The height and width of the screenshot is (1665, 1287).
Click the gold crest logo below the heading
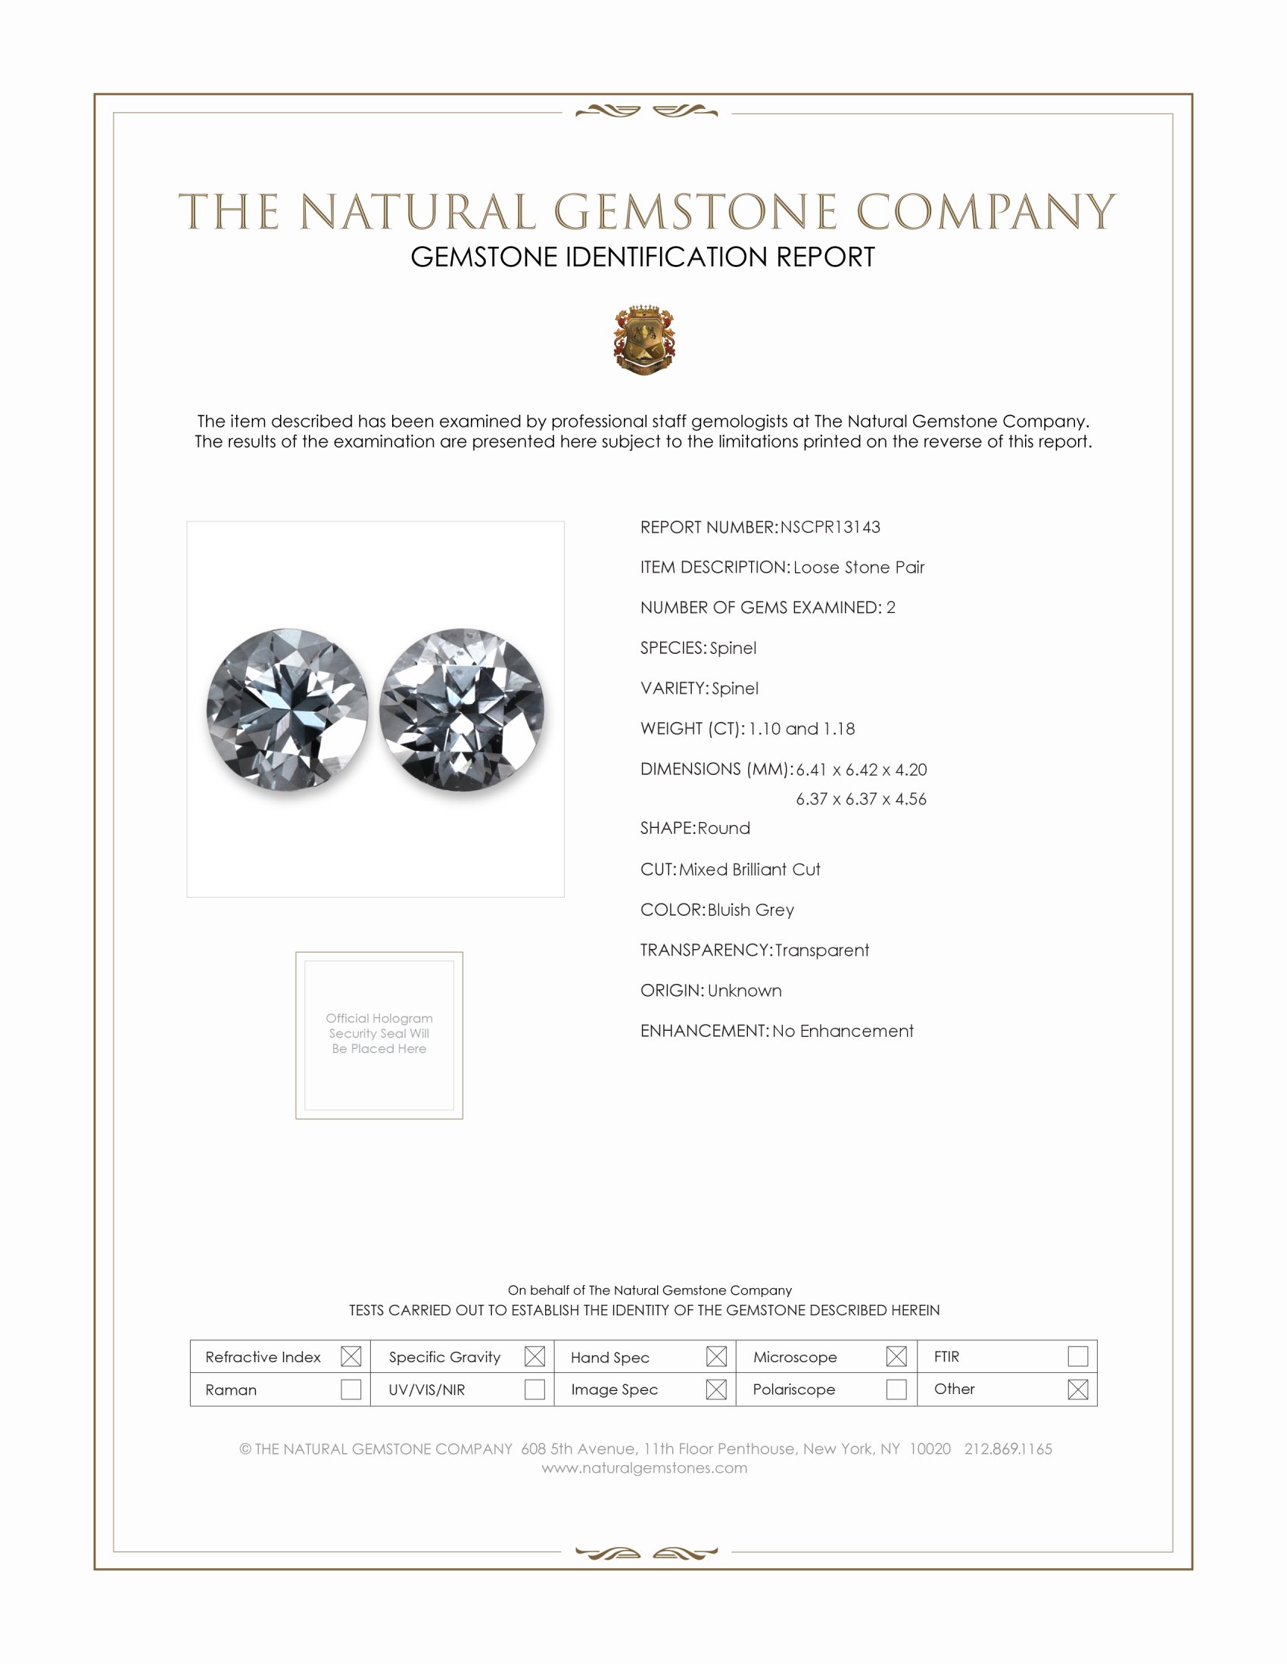tap(644, 340)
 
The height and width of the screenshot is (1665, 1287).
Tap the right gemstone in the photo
tap(462, 709)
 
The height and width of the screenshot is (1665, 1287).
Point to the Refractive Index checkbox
tap(351, 1356)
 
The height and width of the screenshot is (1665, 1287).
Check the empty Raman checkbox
tap(351, 1389)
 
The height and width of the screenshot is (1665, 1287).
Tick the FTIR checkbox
tap(1077, 1356)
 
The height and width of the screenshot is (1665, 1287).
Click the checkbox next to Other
tap(1077, 1389)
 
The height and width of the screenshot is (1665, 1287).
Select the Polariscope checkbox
tap(896, 1389)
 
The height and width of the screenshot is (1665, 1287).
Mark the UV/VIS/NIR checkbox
tap(534, 1389)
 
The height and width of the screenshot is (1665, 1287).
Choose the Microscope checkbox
tap(896, 1356)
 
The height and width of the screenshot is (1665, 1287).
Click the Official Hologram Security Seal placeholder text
tap(379, 1033)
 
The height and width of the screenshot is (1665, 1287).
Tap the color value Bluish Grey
tap(750, 910)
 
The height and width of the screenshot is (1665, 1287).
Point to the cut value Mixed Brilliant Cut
tap(749, 870)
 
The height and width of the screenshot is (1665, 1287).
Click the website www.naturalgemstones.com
tap(644, 1467)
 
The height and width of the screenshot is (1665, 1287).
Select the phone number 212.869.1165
tap(1008, 1449)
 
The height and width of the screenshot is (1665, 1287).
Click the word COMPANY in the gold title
tap(985, 212)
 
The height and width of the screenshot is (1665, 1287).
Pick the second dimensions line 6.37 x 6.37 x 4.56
tap(861, 799)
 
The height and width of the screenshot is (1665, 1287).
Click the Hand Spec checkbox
tap(716, 1356)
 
